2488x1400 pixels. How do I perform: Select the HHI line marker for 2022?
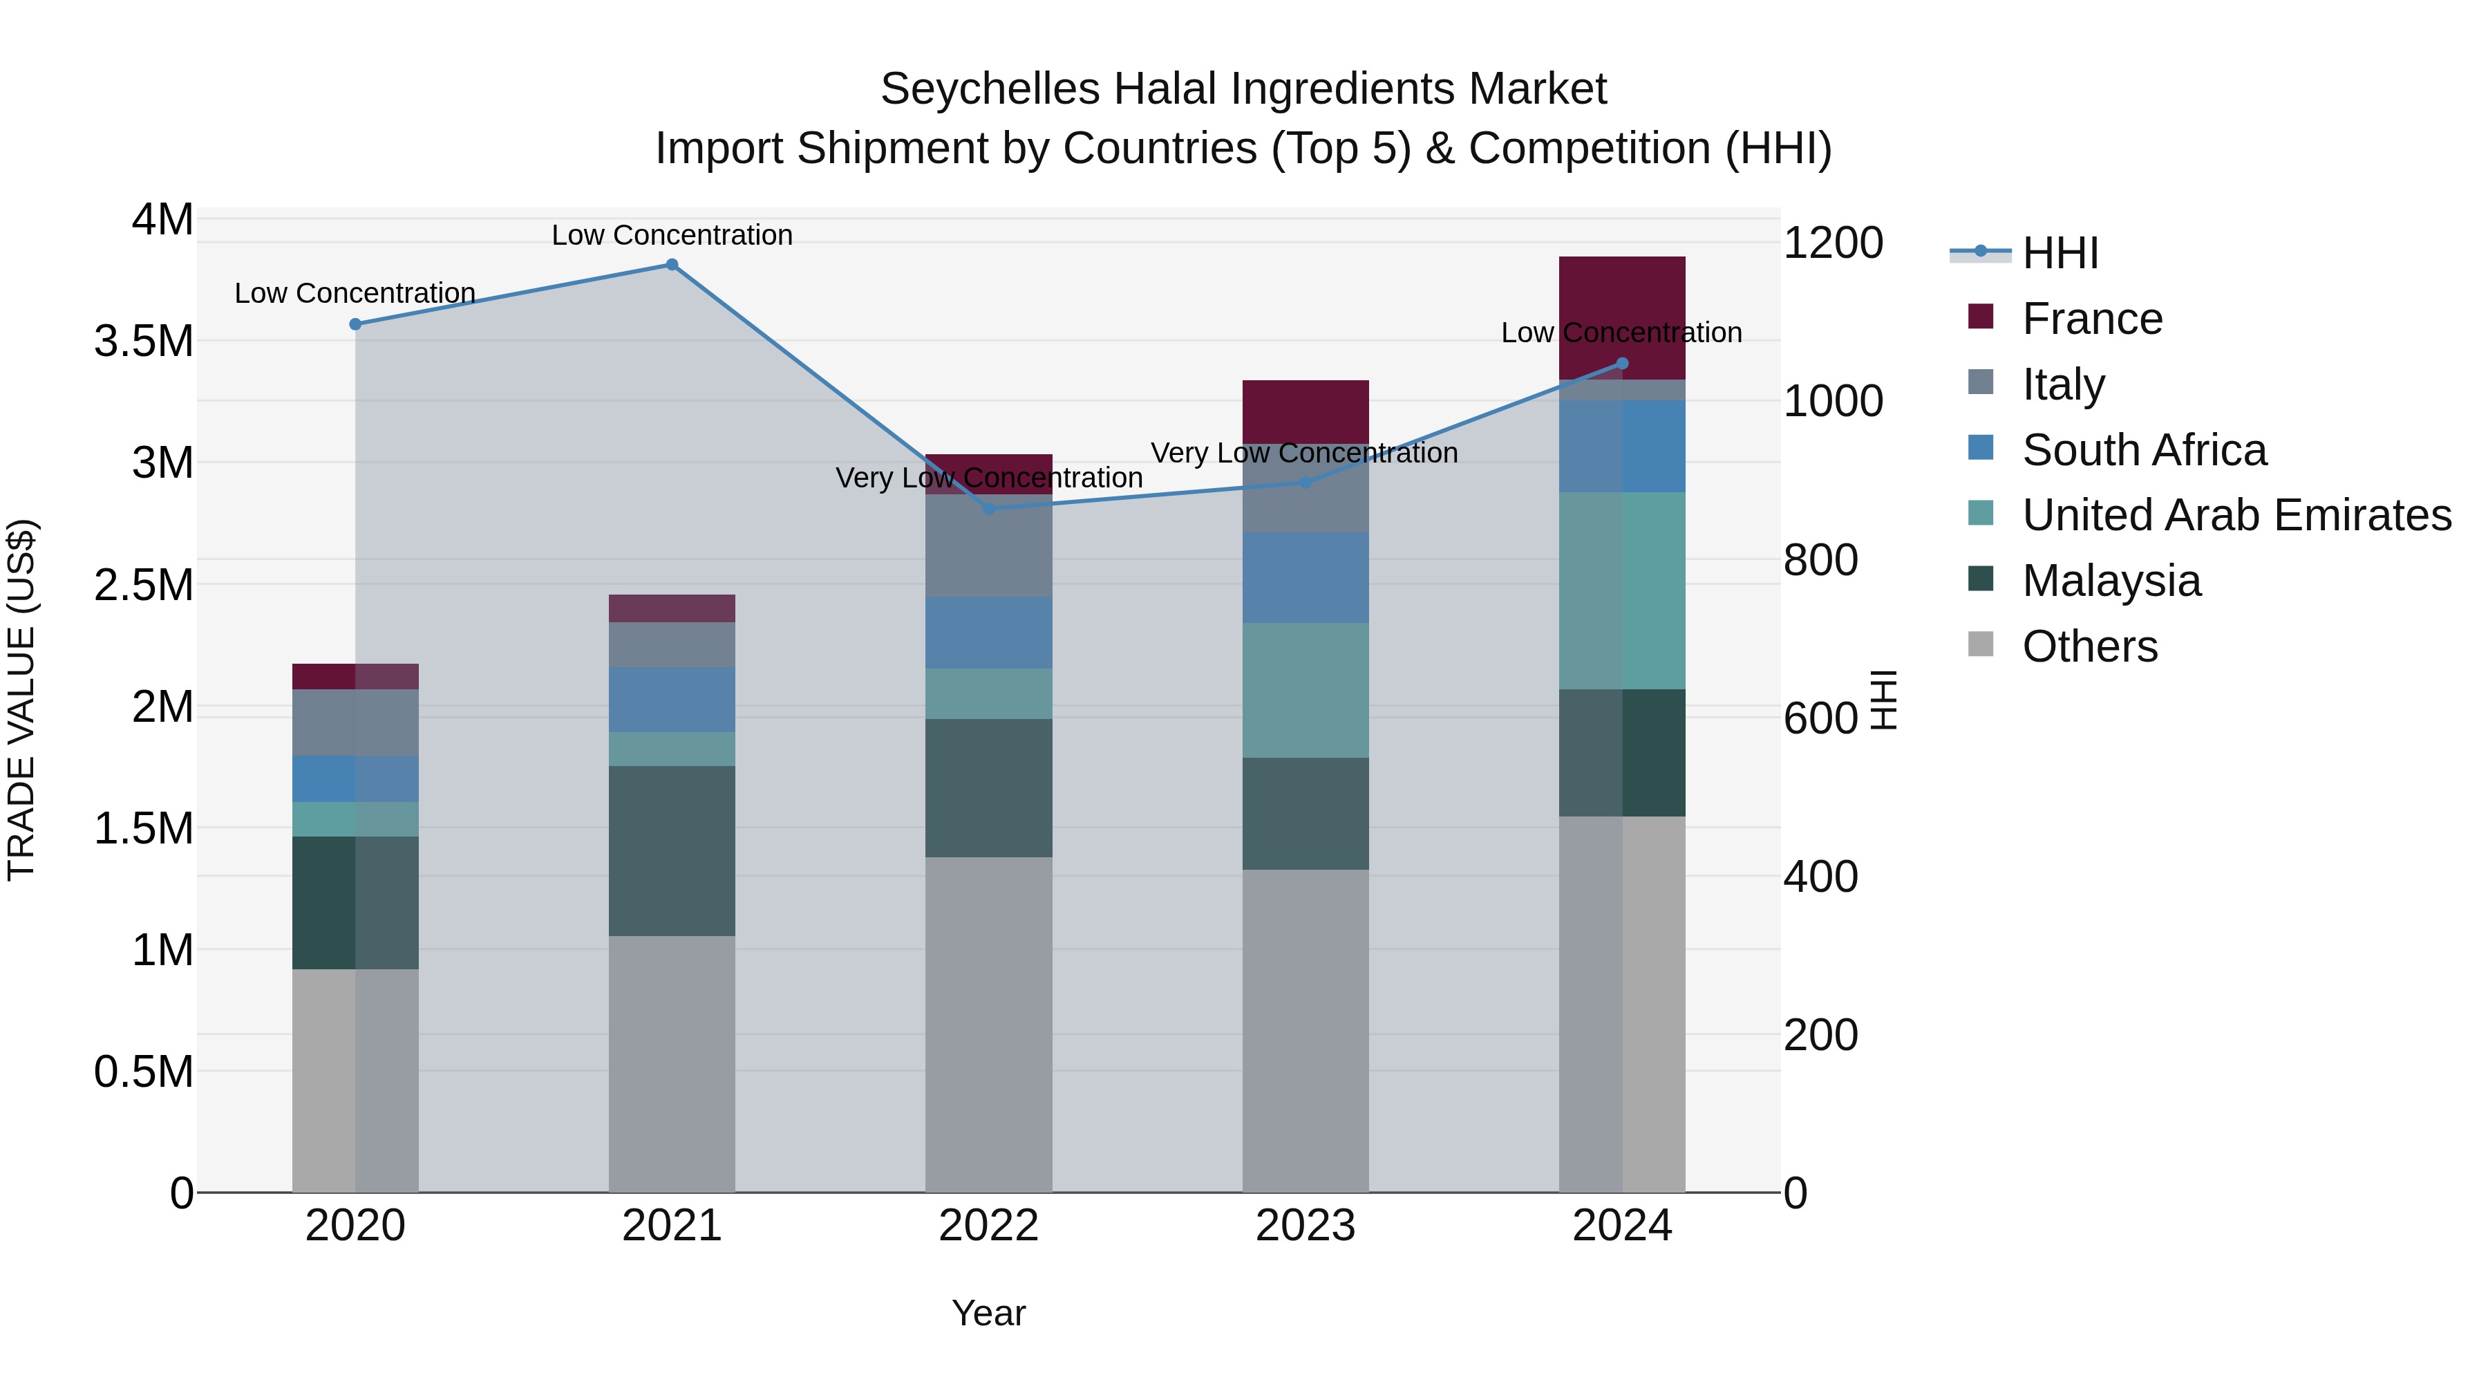pyautogui.click(x=988, y=508)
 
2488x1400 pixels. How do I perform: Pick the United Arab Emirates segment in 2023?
pyautogui.click(x=1305, y=690)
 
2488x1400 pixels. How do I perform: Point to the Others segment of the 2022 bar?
pyautogui.click(x=988, y=1024)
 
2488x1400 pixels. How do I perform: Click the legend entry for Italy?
pyautogui.click(x=2063, y=384)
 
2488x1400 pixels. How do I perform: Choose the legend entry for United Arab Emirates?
pyautogui.click(x=2235, y=515)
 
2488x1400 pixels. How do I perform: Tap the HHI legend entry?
pyautogui.click(x=2060, y=253)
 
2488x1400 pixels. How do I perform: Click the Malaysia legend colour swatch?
pyautogui.click(x=1980, y=580)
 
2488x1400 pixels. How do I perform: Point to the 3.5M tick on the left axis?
pyautogui.click(x=144, y=341)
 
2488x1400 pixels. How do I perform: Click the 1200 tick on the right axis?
pyautogui.click(x=1832, y=243)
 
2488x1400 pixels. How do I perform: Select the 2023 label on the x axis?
pyautogui.click(x=1305, y=1226)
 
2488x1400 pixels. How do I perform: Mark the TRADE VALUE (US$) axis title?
pyautogui.click(x=21, y=700)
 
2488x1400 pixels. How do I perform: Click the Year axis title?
pyautogui.click(x=988, y=1313)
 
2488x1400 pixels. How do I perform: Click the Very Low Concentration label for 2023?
pyautogui.click(x=1304, y=452)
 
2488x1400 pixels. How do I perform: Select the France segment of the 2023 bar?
pyautogui.click(x=1305, y=411)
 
